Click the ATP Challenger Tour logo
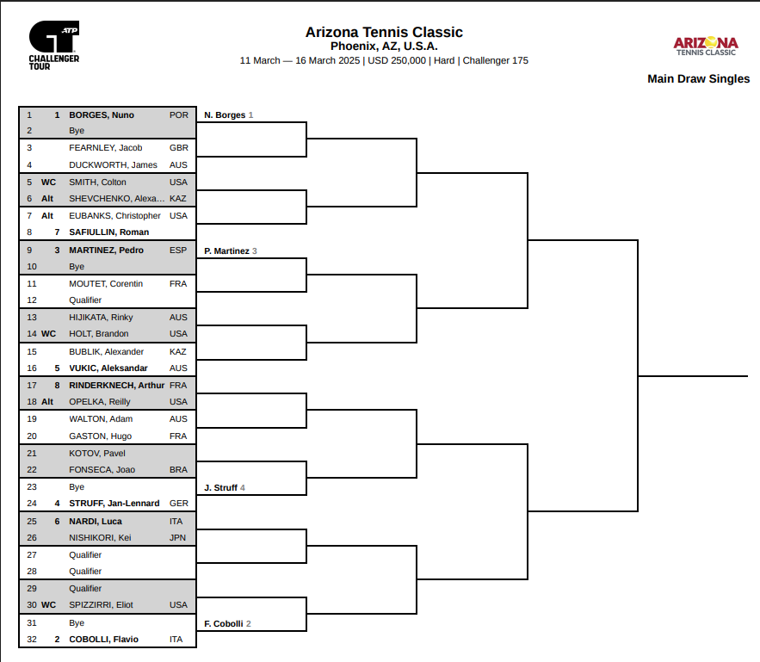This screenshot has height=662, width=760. pyautogui.click(x=54, y=46)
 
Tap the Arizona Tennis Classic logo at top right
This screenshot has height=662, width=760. pyautogui.click(x=706, y=46)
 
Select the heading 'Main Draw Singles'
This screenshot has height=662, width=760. pyautogui.click(x=698, y=79)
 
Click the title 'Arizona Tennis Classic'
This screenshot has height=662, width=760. pyautogui.click(x=384, y=32)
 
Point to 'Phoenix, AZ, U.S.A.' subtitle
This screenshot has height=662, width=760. pyautogui.click(x=384, y=46)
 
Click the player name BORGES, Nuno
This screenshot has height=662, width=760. pyautogui.click(x=102, y=114)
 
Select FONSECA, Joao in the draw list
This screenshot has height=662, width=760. pyautogui.click(x=102, y=470)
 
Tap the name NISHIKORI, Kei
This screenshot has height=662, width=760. pyautogui.click(x=100, y=537)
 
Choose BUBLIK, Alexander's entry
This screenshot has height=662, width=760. pyautogui.click(x=106, y=351)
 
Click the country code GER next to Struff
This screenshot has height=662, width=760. pyautogui.click(x=178, y=504)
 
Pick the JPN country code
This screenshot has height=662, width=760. pyautogui.click(x=177, y=537)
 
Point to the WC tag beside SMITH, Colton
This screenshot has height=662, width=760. pyautogui.click(x=48, y=183)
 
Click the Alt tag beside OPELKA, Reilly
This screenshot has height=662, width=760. pyautogui.click(x=47, y=402)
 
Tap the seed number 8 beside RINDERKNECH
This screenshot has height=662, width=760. pyautogui.click(x=57, y=386)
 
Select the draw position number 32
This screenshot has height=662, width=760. pyautogui.click(x=32, y=640)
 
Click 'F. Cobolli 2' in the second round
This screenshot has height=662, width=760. pyautogui.click(x=227, y=624)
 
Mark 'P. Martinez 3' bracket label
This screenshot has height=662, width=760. pyautogui.click(x=230, y=251)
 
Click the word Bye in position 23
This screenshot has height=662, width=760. pyautogui.click(x=77, y=487)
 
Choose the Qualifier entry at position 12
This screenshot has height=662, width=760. pyautogui.click(x=85, y=300)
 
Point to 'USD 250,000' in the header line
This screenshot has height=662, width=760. pyautogui.click(x=397, y=60)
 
